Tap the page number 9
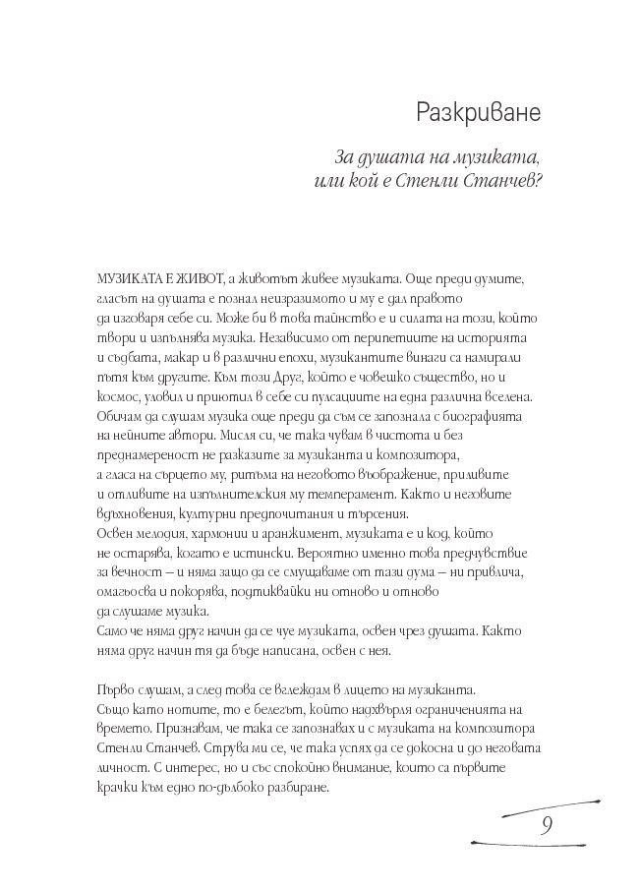(x=546, y=822)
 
